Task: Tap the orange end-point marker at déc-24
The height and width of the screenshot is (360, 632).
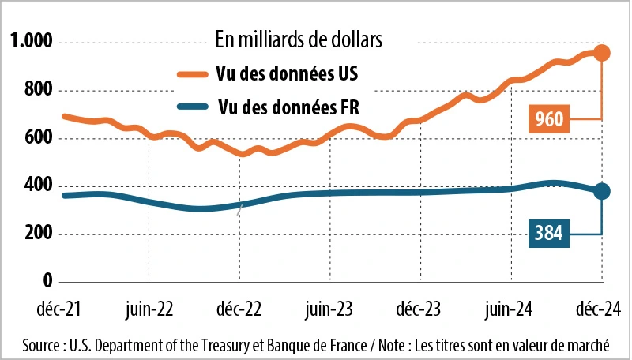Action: pyautogui.click(x=602, y=52)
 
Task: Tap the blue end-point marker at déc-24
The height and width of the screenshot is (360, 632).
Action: pyautogui.click(x=602, y=191)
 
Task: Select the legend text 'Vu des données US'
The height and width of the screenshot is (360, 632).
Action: pyautogui.click(x=287, y=74)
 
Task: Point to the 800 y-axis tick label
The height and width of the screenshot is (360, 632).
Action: pyautogui.click(x=37, y=91)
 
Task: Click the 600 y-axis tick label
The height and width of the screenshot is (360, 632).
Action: pyautogui.click(x=37, y=139)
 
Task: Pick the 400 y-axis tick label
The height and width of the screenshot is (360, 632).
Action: pyautogui.click(x=37, y=186)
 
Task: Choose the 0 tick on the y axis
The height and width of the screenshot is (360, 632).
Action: pyautogui.click(x=47, y=282)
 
